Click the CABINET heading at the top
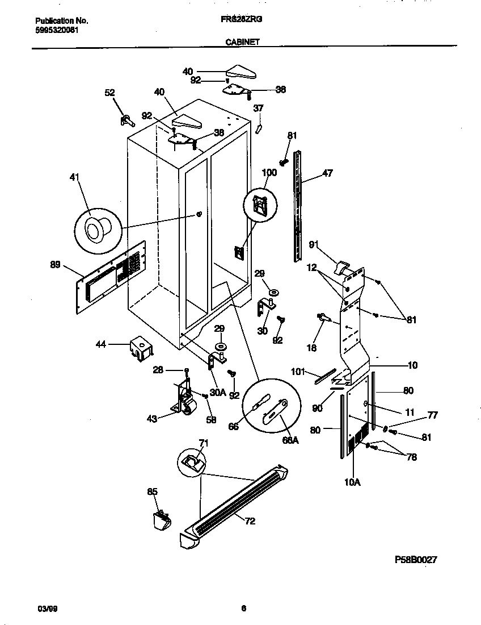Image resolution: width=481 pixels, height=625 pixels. click(242, 41)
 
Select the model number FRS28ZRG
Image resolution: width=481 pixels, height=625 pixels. click(241, 19)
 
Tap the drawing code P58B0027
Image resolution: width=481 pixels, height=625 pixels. click(416, 559)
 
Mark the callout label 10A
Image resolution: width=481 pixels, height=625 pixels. click(352, 482)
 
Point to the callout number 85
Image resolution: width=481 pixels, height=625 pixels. click(152, 491)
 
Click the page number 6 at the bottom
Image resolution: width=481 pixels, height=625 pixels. click(243, 609)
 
